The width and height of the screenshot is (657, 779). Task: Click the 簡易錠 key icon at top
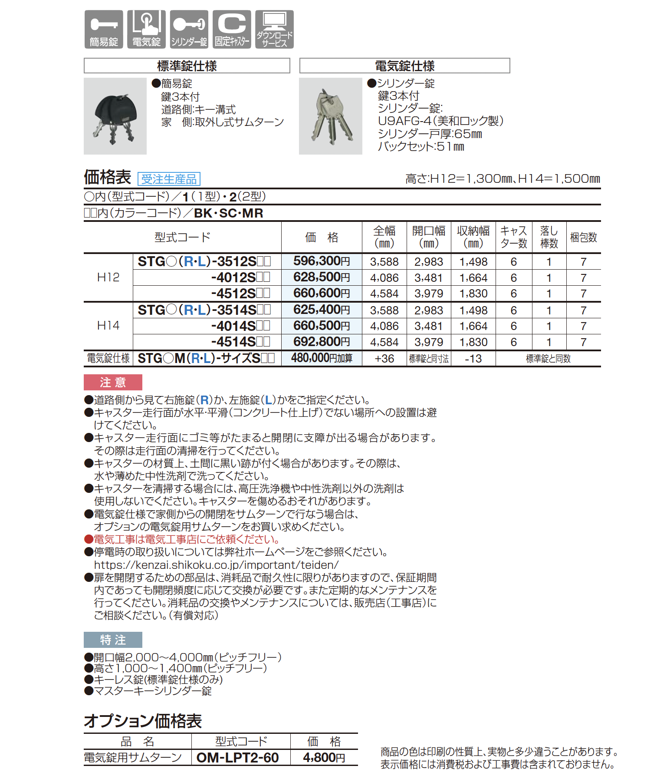pos(103,29)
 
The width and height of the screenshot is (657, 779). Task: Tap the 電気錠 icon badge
pos(146,29)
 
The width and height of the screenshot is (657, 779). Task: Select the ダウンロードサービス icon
pos(274,29)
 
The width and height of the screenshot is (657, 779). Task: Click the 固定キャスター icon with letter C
pos(232,29)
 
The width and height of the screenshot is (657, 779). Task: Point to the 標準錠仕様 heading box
pos(187,66)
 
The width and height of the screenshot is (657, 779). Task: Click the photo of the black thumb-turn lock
pos(115,116)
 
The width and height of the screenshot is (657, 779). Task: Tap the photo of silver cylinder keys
pos(330,116)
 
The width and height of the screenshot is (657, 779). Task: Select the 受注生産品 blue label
pos(169,179)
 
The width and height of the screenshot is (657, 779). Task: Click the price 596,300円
pos(322,261)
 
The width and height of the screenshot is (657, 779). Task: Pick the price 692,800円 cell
pos(322,342)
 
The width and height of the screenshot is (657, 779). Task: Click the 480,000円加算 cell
pos(322,358)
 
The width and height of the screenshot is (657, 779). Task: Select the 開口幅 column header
pos(428,237)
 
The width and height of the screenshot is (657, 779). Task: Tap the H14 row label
pos(108,326)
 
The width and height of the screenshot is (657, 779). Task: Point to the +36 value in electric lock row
pos(384,359)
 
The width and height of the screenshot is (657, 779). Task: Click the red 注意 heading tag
pos(113,383)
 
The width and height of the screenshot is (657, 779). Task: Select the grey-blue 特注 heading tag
pos(113,640)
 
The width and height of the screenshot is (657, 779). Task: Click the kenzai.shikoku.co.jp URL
pos(216,565)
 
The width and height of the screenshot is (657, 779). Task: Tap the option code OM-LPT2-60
pos(237,758)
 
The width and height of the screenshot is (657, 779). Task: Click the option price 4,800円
pos(324,758)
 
